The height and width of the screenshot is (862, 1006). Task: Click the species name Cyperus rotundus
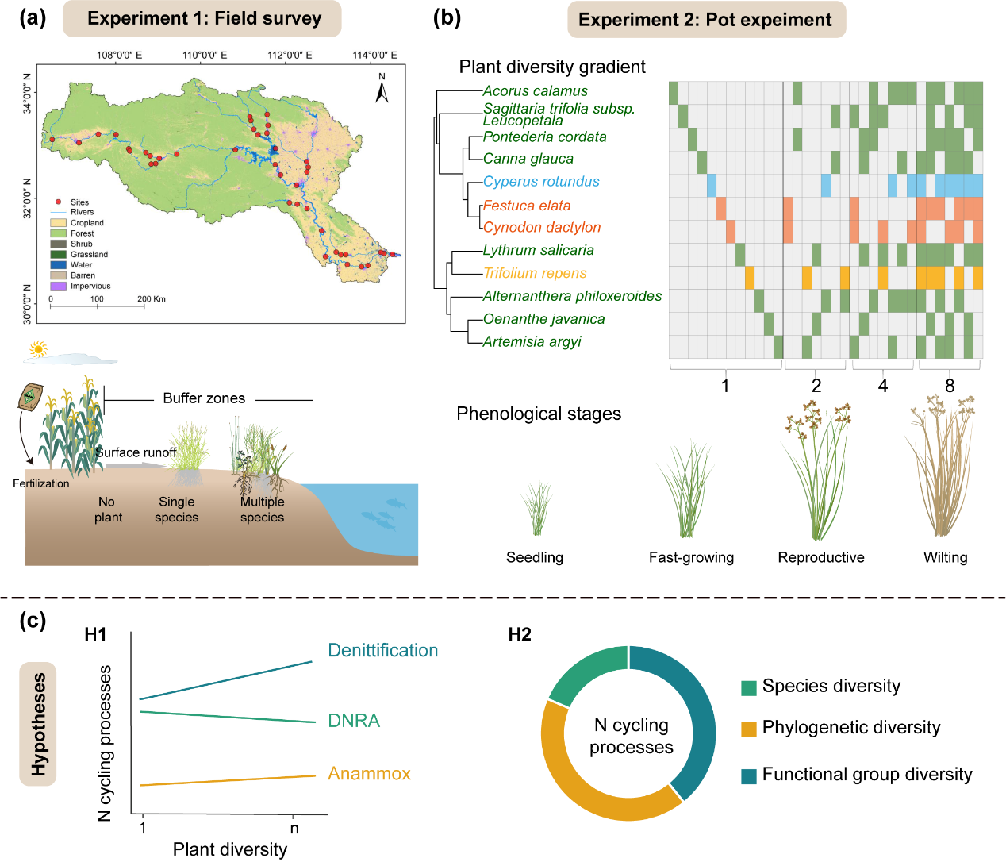[541, 182]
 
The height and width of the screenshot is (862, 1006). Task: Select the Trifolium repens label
[535, 273]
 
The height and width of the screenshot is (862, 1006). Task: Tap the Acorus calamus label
[536, 91]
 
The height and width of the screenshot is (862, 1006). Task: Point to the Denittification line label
[382, 651]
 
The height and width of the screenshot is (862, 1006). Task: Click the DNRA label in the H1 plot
[354, 721]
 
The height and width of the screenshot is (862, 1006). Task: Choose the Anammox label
[369, 774]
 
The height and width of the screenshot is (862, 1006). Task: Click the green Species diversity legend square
[748, 687]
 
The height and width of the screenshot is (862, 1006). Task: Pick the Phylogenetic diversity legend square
[748, 729]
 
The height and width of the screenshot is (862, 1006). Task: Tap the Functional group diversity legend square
[748, 775]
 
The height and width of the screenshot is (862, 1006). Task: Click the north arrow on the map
[382, 90]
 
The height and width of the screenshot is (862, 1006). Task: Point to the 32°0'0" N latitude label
[28, 198]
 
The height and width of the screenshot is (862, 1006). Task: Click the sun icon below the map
[37, 348]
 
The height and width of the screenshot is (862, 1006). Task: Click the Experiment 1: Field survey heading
[204, 19]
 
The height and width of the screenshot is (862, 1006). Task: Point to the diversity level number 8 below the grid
[950, 387]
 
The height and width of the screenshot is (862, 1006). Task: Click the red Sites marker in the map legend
[58, 202]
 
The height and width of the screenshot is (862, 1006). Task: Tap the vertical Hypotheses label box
[38, 724]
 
